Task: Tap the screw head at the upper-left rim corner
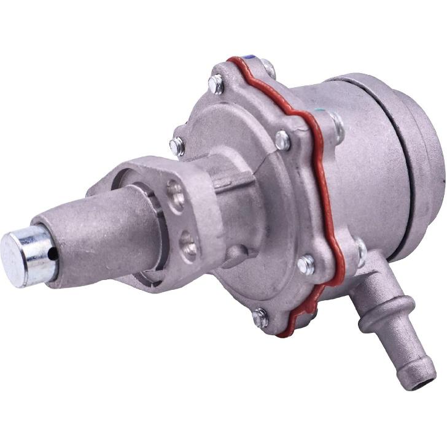click(216, 84)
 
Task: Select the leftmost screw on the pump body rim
click(177, 146)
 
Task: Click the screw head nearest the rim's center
click(282, 140)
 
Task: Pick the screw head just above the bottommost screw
click(305, 265)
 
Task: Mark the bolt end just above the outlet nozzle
click(360, 251)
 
